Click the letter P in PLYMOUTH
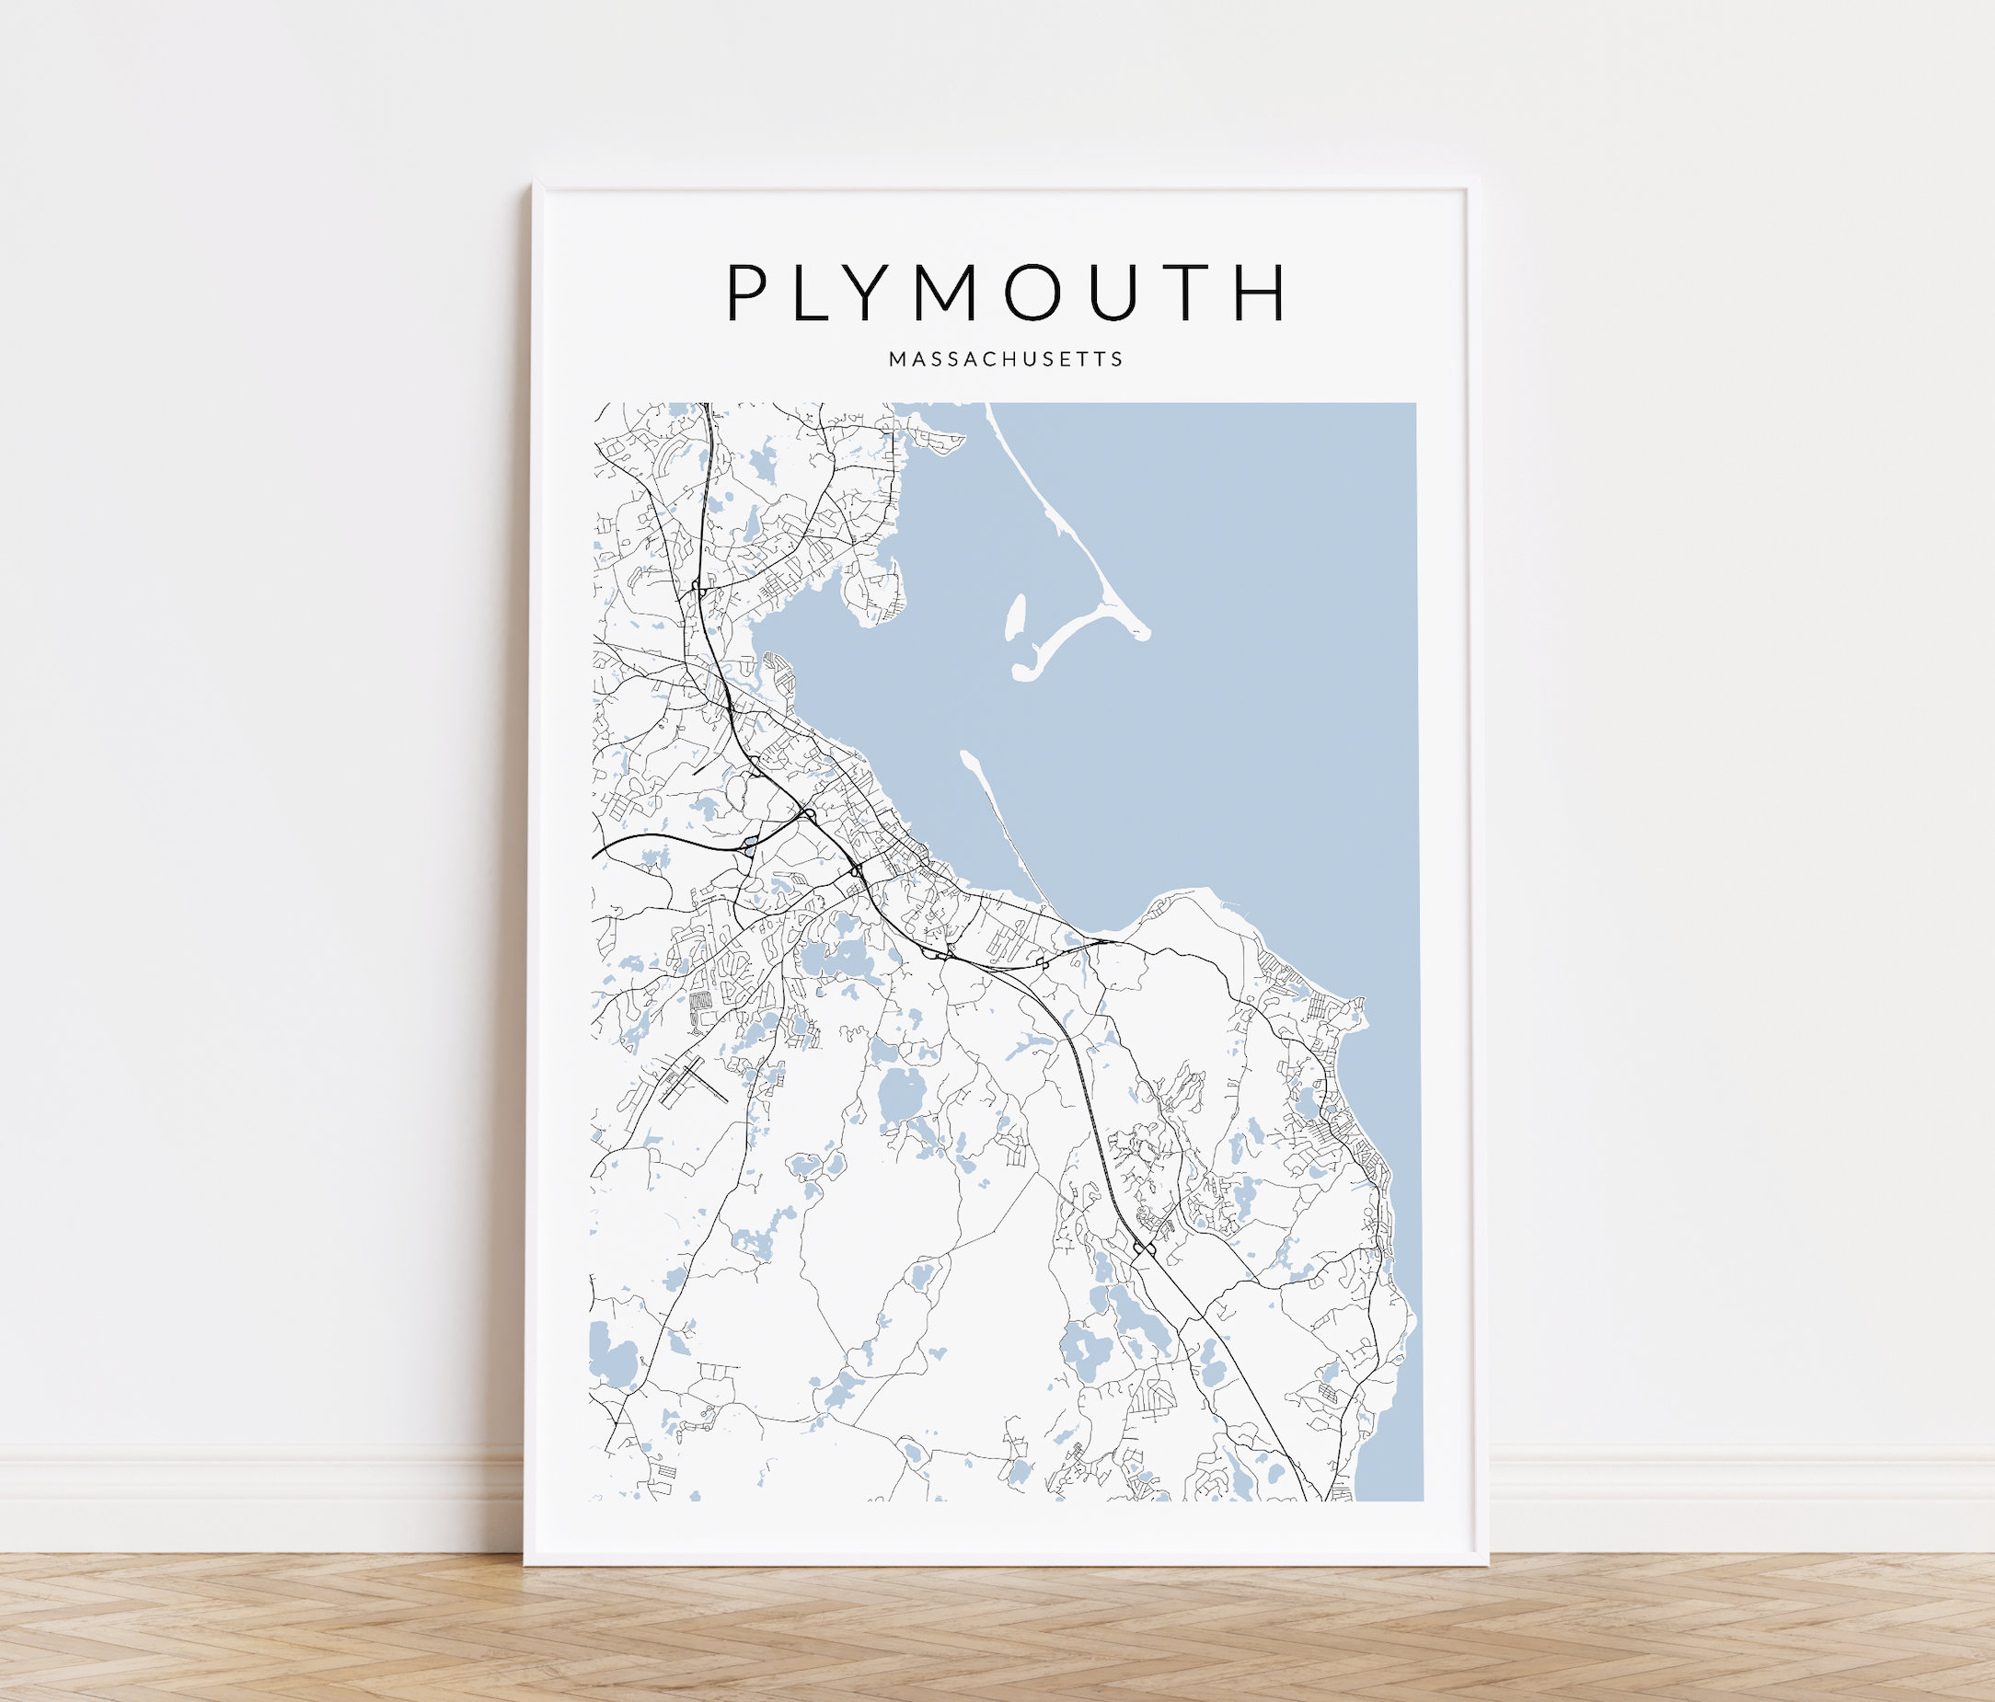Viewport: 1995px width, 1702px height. click(x=747, y=292)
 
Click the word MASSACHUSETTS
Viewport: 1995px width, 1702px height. click(x=1005, y=359)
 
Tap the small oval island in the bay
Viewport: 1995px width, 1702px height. click(x=1016, y=617)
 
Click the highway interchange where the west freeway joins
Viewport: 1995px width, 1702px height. click(x=808, y=815)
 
